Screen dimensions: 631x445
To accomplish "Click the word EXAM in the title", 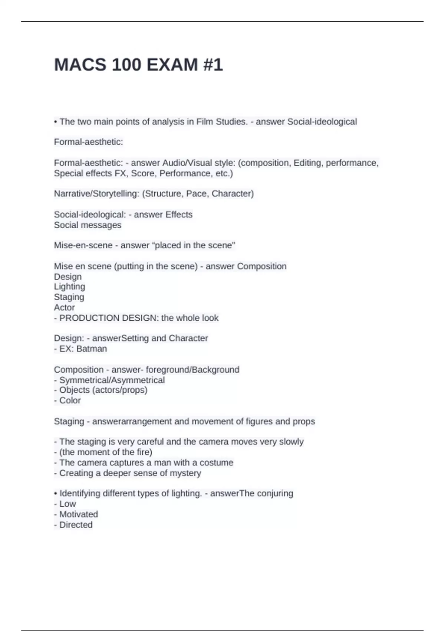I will tap(172, 65).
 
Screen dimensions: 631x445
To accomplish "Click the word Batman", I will tap(92, 349).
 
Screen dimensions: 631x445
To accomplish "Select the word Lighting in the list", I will tap(70, 287).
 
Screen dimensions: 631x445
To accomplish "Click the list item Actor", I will tap(65, 308).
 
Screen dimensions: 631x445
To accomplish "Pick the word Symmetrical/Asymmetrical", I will tap(112, 380).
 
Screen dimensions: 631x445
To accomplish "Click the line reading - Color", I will tap(67, 400).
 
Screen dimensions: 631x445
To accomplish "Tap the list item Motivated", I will tap(79, 514).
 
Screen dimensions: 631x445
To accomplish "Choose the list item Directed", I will tap(76, 525).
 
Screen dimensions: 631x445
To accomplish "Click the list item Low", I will tap(67, 504).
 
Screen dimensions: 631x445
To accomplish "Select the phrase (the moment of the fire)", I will tap(106, 452).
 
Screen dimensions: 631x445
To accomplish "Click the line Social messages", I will tap(88, 225).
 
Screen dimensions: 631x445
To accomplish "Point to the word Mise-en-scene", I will tap(83, 245).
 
